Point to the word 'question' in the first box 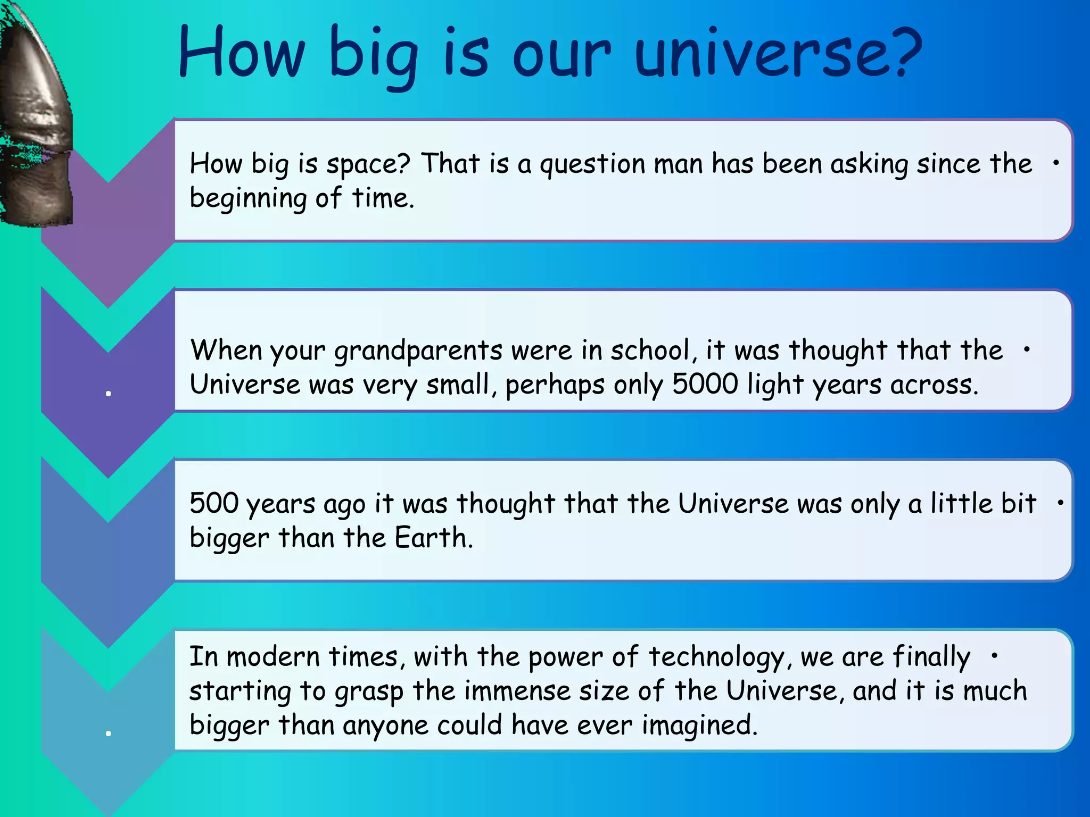point(592,164)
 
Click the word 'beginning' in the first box point(248,199)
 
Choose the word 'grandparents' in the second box point(418,351)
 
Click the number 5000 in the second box point(705,384)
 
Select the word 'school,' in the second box point(654,350)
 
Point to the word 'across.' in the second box point(935,384)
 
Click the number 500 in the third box point(214,503)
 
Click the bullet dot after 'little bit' point(1061,502)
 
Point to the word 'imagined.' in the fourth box point(699,725)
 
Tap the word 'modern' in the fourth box point(273,656)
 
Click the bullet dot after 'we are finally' point(994,656)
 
